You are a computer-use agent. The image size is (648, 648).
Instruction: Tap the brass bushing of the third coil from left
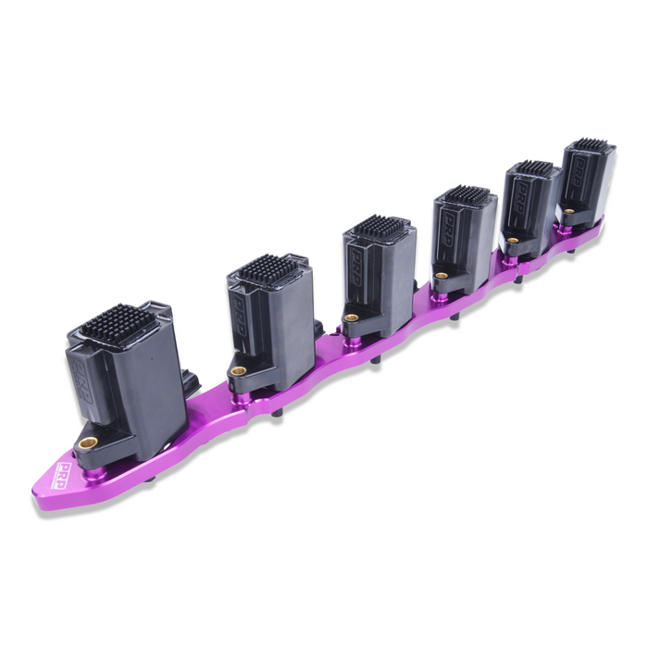point(351,318)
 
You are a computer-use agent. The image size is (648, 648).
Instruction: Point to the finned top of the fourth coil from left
point(467,194)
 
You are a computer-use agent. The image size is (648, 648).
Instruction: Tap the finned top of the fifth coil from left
point(534,168)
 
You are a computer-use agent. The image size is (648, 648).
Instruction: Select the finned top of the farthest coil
point(590,145)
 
